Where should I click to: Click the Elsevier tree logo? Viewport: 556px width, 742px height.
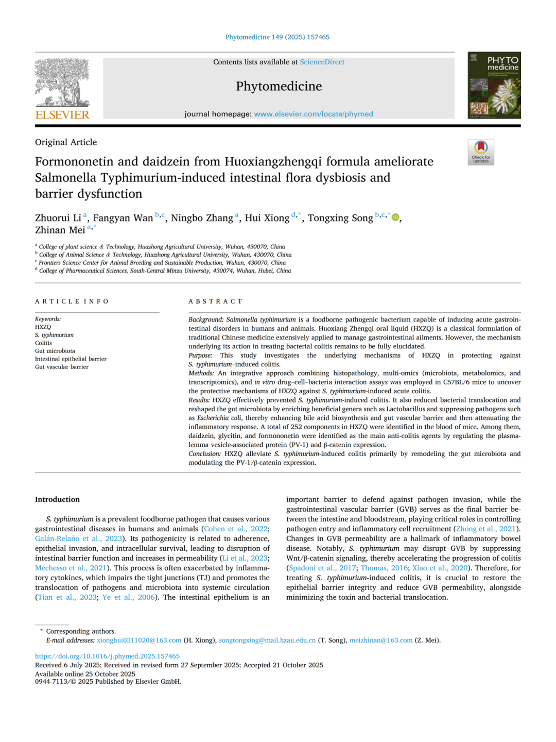click(62, 82)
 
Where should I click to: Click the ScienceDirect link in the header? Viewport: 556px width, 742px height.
click(322, 62)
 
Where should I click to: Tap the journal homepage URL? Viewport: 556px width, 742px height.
click(314, 114)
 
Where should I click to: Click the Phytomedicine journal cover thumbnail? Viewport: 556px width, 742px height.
click(494, 85)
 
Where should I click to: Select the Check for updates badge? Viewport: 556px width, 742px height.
click(481, 152)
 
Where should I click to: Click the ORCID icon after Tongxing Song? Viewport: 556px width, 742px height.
click(395, 217)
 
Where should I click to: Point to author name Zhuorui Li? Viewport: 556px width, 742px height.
click(58, 218)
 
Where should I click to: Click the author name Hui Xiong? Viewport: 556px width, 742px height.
click(267, 218)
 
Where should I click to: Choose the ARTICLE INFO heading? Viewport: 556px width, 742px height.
click(72, 301)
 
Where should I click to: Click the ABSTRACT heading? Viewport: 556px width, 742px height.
click(215, 301)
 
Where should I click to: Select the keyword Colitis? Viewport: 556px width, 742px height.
click(43, 343)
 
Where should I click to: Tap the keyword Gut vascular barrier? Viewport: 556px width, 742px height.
click(62, 367)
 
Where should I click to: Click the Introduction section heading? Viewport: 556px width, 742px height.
click(57, 499)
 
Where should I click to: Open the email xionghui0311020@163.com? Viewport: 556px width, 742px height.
click(139, 640)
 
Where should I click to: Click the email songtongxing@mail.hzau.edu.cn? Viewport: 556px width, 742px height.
click(267, 640)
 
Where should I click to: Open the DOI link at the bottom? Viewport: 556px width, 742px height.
click(107, 656)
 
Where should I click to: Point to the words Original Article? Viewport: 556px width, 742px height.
click(66, 142)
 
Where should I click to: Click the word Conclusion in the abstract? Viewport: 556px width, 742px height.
click(204, 453)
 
